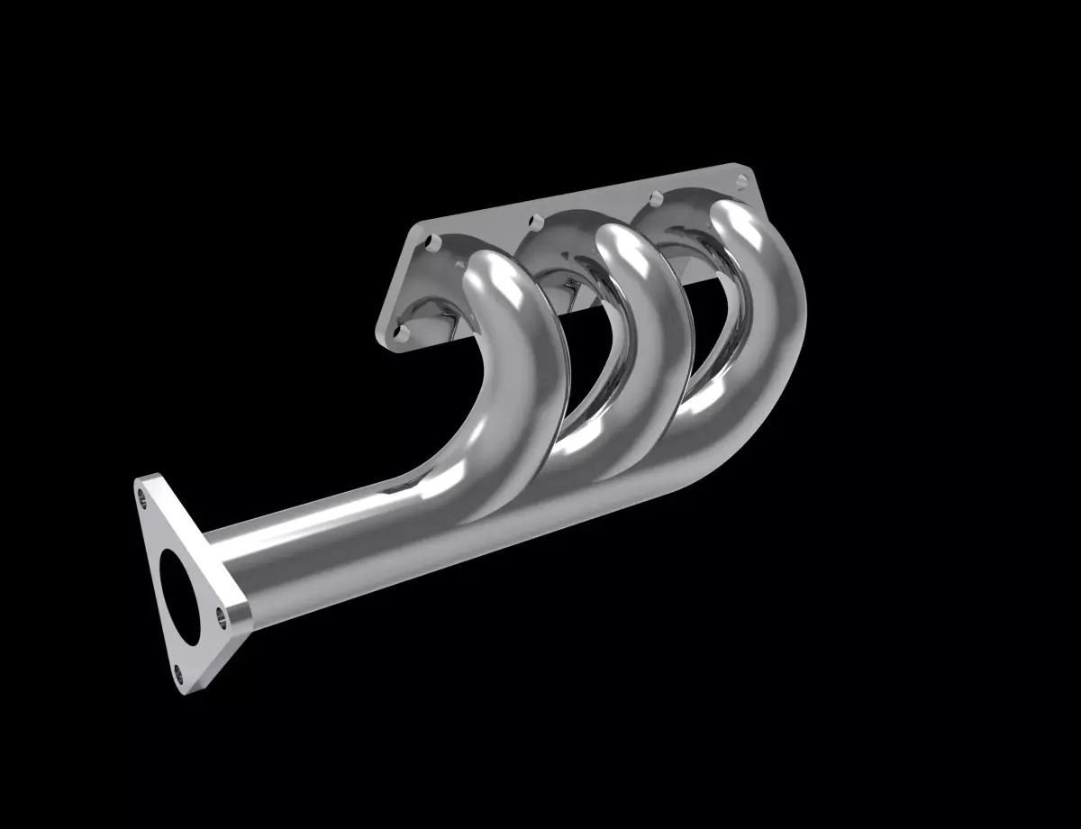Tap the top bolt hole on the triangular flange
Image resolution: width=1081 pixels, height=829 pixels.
click(141, 493)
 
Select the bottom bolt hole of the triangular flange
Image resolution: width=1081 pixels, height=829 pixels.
click(178, 670)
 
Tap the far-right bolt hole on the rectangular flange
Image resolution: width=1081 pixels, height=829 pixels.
click(741, 181)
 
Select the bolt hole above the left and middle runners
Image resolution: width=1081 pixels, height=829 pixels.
click(536, 219)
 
